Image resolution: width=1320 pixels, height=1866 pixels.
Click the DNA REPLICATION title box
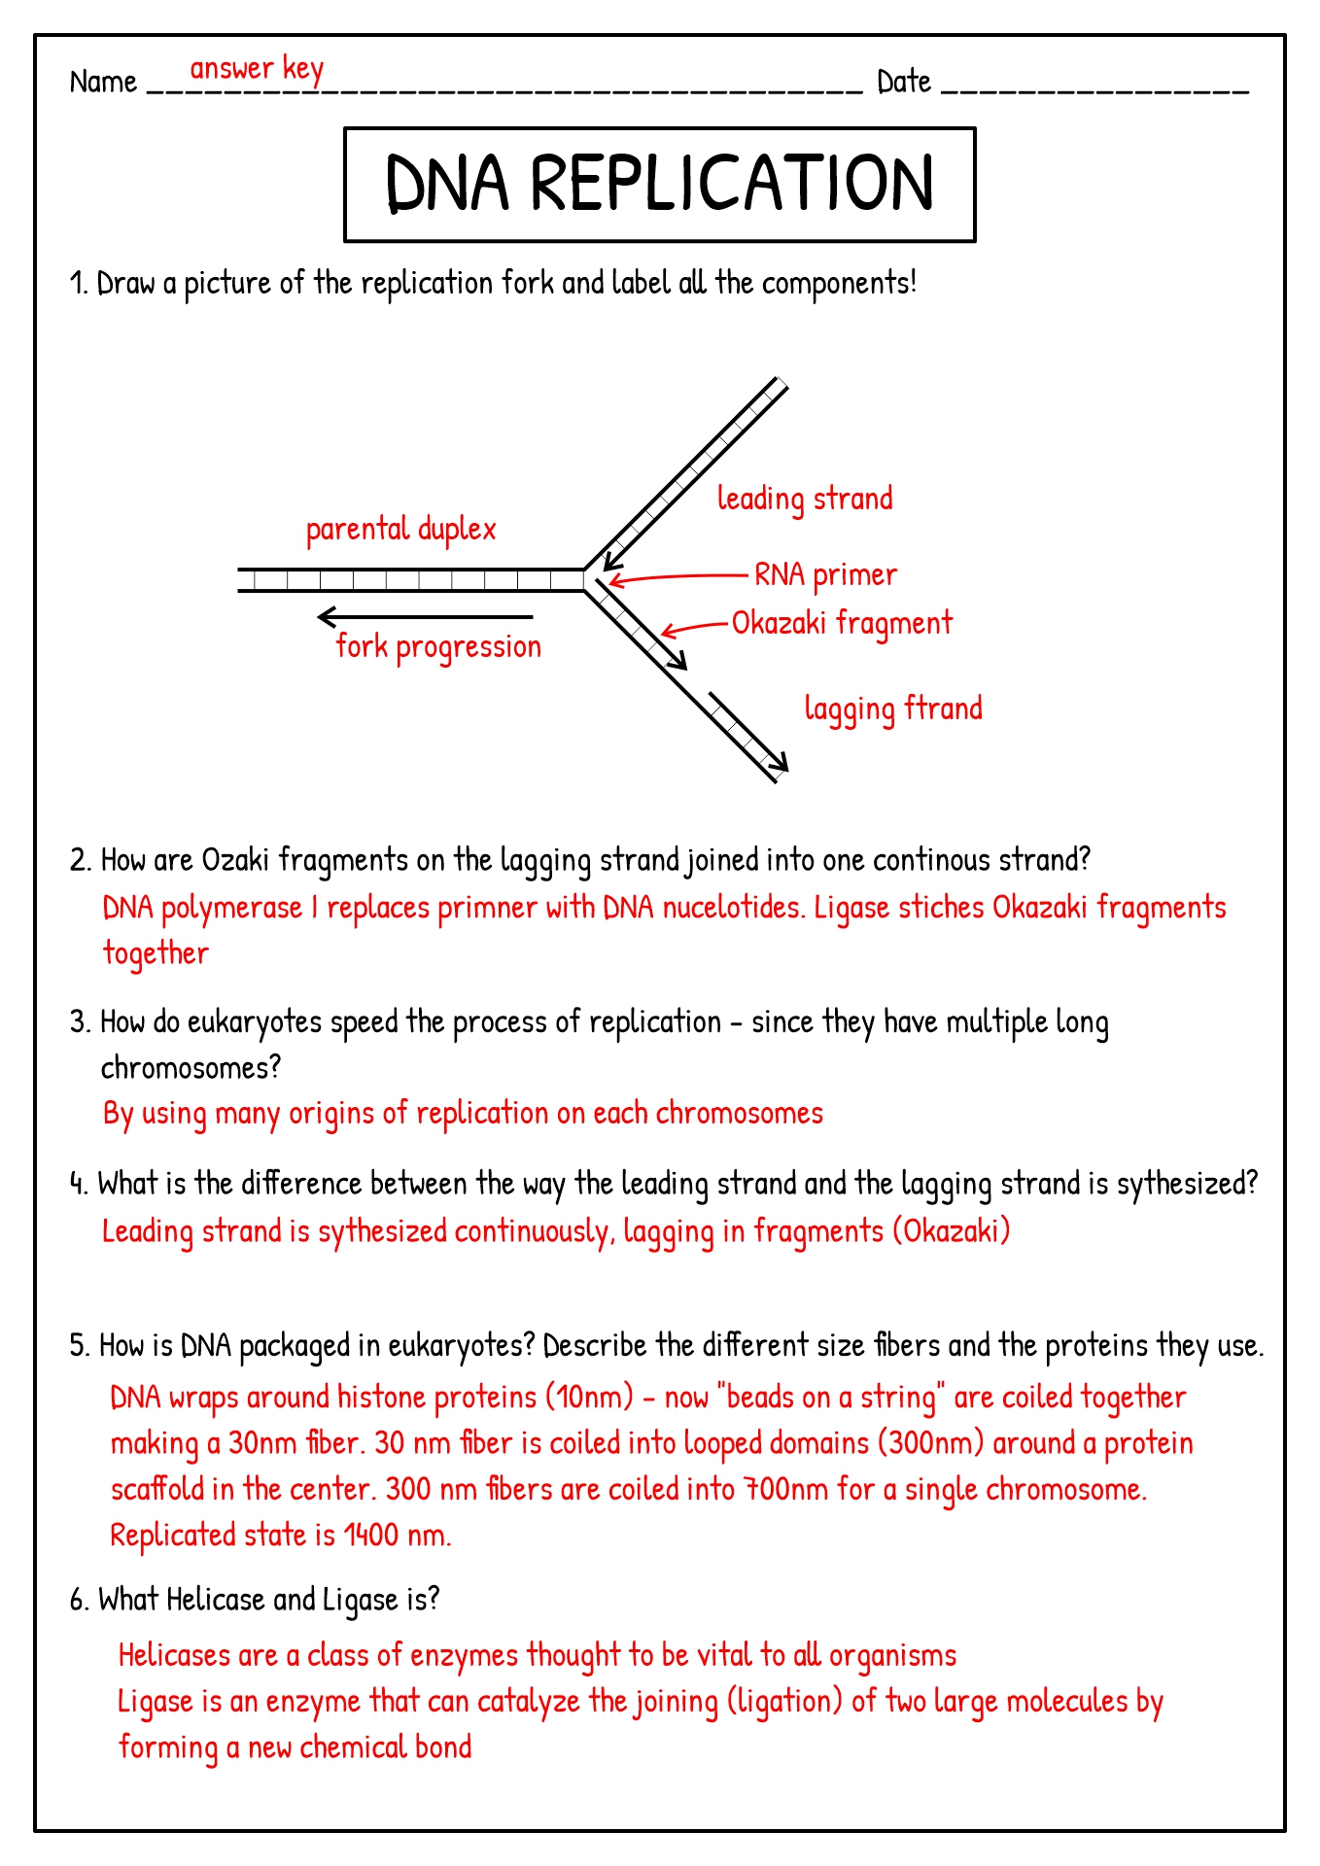coord(659,184)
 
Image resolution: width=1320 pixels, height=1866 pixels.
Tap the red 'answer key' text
coord(257,69)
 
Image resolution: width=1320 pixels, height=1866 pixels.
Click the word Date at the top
coord(904,82)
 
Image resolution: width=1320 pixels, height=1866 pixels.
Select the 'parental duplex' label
coord(400,530)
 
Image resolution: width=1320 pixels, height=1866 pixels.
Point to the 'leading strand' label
coord(805,500)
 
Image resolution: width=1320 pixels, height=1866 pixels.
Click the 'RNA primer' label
coord(825,575)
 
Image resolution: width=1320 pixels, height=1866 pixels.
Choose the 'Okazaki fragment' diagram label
coord(842,624)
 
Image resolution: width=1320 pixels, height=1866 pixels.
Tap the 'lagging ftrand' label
coord(893,709)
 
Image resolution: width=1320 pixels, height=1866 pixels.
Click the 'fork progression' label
coord(438,647)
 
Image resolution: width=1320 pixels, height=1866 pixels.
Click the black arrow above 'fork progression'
coord(425,617)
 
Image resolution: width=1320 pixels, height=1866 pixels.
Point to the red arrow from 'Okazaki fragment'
coord(694,627)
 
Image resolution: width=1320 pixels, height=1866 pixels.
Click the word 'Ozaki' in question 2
coord(235,860)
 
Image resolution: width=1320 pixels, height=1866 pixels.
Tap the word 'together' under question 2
coord(156,953)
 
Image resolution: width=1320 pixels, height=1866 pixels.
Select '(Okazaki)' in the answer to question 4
coord(952,1231)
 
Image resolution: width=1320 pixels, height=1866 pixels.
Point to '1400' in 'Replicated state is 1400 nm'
coord(371,1536)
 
